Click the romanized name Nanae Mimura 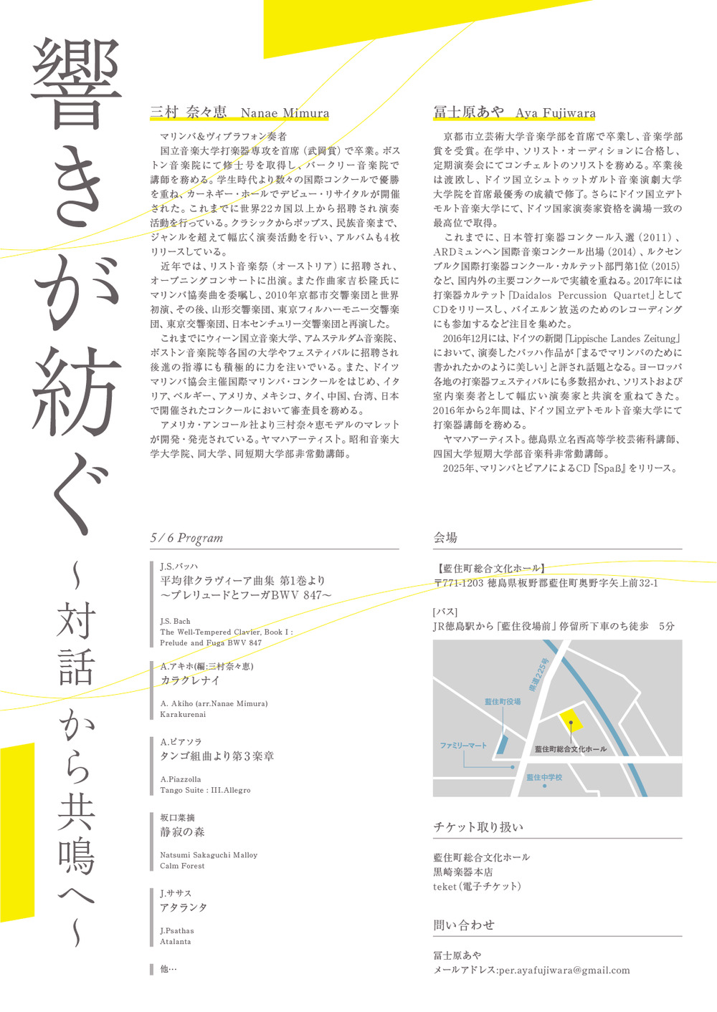coord(285,113)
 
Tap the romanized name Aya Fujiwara coord(555,113)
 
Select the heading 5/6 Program coord(186,538)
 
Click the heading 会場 coord(445,538)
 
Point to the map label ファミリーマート coord(463,746)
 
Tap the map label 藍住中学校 coord(544,777)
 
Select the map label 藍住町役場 coord(503,702)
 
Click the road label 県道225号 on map coord(538,675)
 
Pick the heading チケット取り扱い coord(478,827)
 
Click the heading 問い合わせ coord(464,925)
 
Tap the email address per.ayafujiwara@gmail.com coord(564,970)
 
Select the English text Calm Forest coord(182,866)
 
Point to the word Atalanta coord(176,942)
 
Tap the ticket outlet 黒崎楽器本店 coord(463,872)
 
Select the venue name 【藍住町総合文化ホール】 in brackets coord(490,569)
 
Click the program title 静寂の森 coord(182,832)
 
